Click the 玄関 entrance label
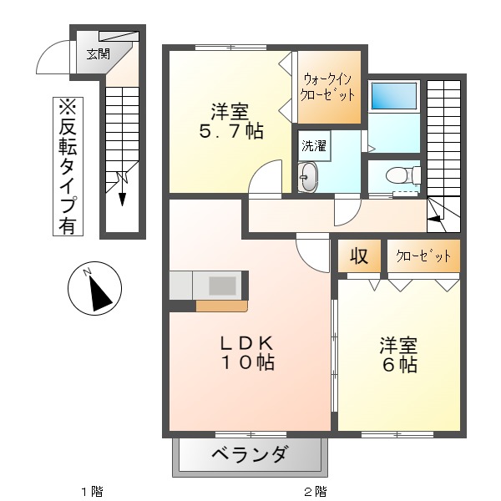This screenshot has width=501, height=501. (x=98, y=54)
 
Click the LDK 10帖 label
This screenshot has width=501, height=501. (x=248, y=353)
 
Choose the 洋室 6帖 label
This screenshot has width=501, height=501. (x=398, y=355)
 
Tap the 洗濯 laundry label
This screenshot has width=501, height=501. (x=314, y=144)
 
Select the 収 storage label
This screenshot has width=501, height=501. (x=358, y=256)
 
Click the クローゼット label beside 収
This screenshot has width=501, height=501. (x=423, y=256)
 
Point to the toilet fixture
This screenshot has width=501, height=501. (x=396, y=175)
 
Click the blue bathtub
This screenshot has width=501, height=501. (x=393, y=96)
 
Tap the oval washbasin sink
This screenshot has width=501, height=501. (x=308, y=177)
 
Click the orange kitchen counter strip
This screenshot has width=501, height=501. (x=221, y=305)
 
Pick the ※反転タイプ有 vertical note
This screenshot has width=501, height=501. (x=67, y=166)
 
